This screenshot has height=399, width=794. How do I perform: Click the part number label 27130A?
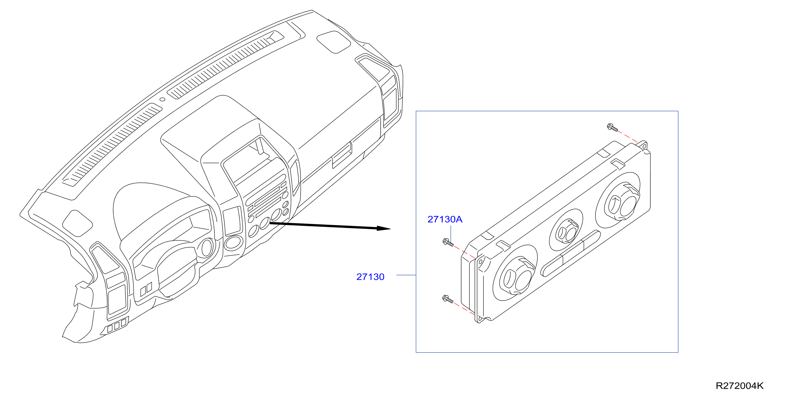pyautogui.click(x=445, y=219)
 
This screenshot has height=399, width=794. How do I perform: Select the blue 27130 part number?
pyautogui.click(x=370, y=277)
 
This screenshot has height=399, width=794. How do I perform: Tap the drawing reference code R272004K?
pyautogui.click(x=739, y=386)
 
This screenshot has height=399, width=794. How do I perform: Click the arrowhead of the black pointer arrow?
pyautogui.click(x=384, y=228)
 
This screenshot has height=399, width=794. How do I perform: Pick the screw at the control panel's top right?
pyautogui.click(x=612, y=127)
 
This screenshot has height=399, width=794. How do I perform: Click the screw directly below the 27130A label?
pyautogui.click(x=448, y=243)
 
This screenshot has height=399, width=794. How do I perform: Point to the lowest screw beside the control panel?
pyautogui.click(x=447, y=299)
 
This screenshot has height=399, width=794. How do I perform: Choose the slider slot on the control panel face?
pyautogui.click(x=570, y=253)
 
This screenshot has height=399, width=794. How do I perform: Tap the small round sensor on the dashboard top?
pyautogui.click(x=162, y=99)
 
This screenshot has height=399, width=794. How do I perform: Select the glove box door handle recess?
pyautogui.click(x=342, y=155)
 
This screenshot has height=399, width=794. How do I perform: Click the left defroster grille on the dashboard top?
pyautogui.click(x=112, y=145)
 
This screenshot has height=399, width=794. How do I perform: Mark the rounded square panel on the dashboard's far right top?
pyautogui.click(x=334, y=42)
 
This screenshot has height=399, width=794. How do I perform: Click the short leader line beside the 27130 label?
pyautogui.click(x=406, y=275)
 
